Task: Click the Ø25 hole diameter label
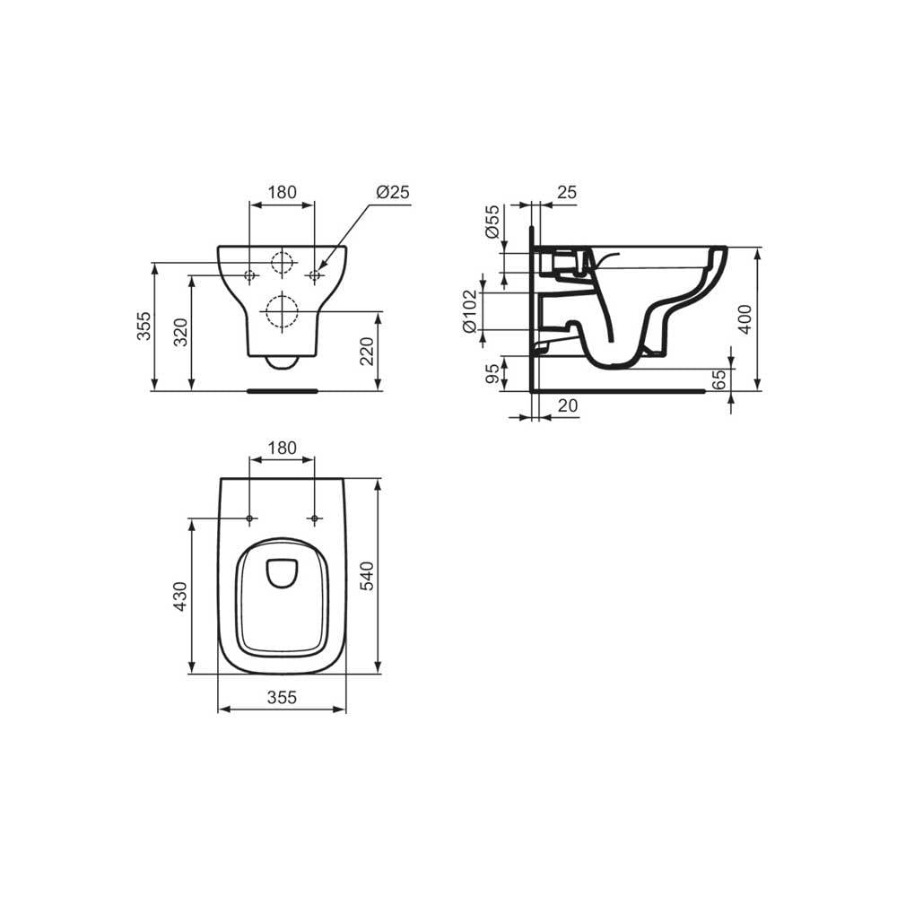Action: [x=393, y=192]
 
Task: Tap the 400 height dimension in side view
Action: [x=745, y=318]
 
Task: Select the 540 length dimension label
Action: [x=366, y=576]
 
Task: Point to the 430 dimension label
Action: [x=180, y=597]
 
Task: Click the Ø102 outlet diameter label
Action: [x=469, y=311]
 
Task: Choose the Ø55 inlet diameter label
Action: [x=492, y=222]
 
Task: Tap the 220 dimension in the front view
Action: [x=366, y=352]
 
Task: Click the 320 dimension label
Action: [x=180, y=333]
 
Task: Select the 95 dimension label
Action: [x=492, y=374]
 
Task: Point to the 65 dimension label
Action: [x=719, y=379]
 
